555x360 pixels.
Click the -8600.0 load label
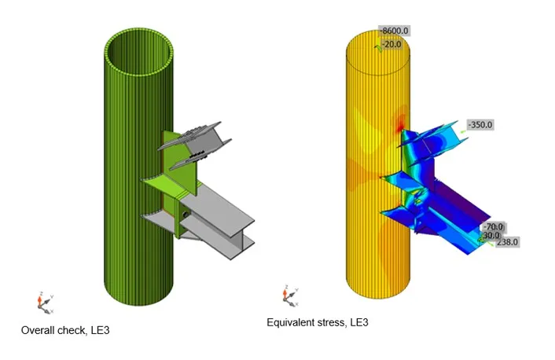394,31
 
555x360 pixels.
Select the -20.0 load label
391,44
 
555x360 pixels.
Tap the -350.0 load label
480,125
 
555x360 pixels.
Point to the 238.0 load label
507,242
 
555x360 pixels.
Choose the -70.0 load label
494,226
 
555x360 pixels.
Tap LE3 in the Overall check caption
100,330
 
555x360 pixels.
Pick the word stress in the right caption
333,322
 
